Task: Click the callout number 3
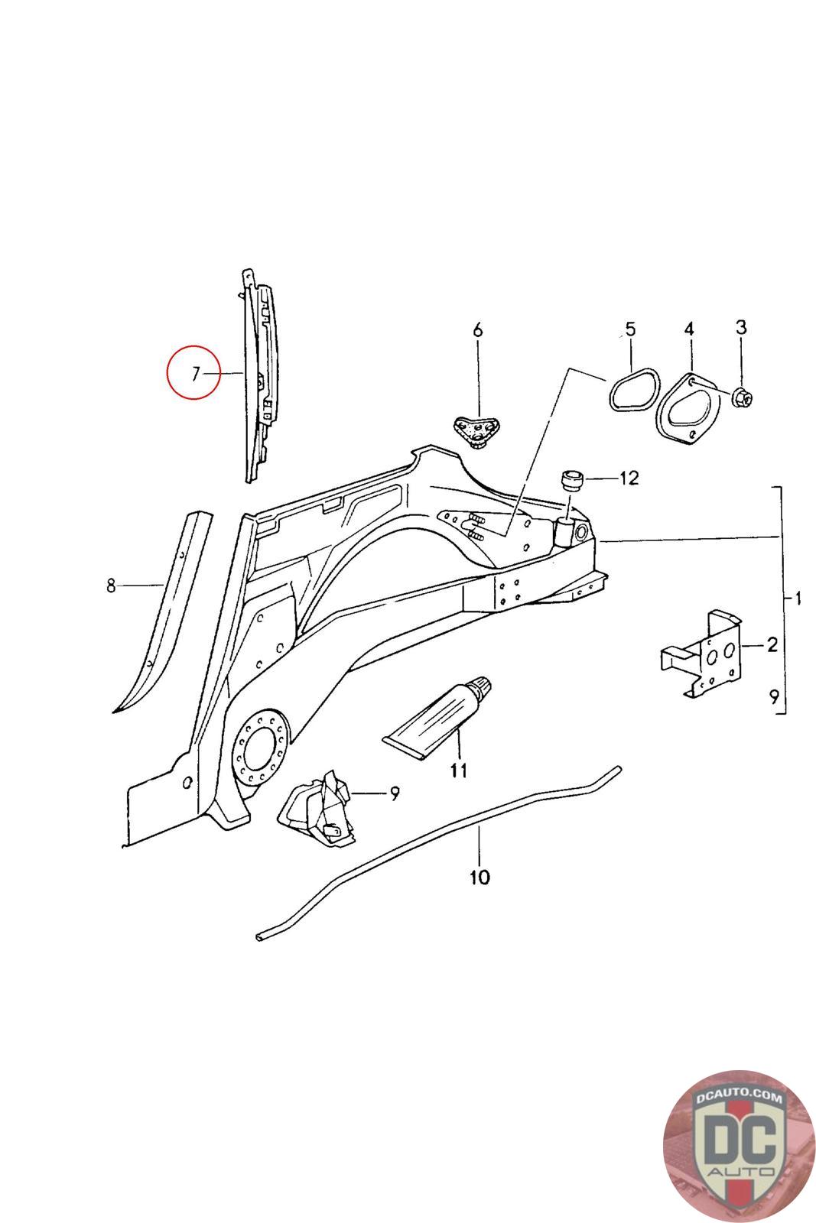(740, 328)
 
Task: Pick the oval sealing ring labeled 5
(632, 391)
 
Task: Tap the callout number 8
(111, 586)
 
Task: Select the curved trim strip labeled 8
(162, 611)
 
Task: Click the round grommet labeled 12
(571, 480)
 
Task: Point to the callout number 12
(629, 478)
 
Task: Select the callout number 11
(458, 771)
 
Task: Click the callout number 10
(480, 877)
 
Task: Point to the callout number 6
(478, 330)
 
